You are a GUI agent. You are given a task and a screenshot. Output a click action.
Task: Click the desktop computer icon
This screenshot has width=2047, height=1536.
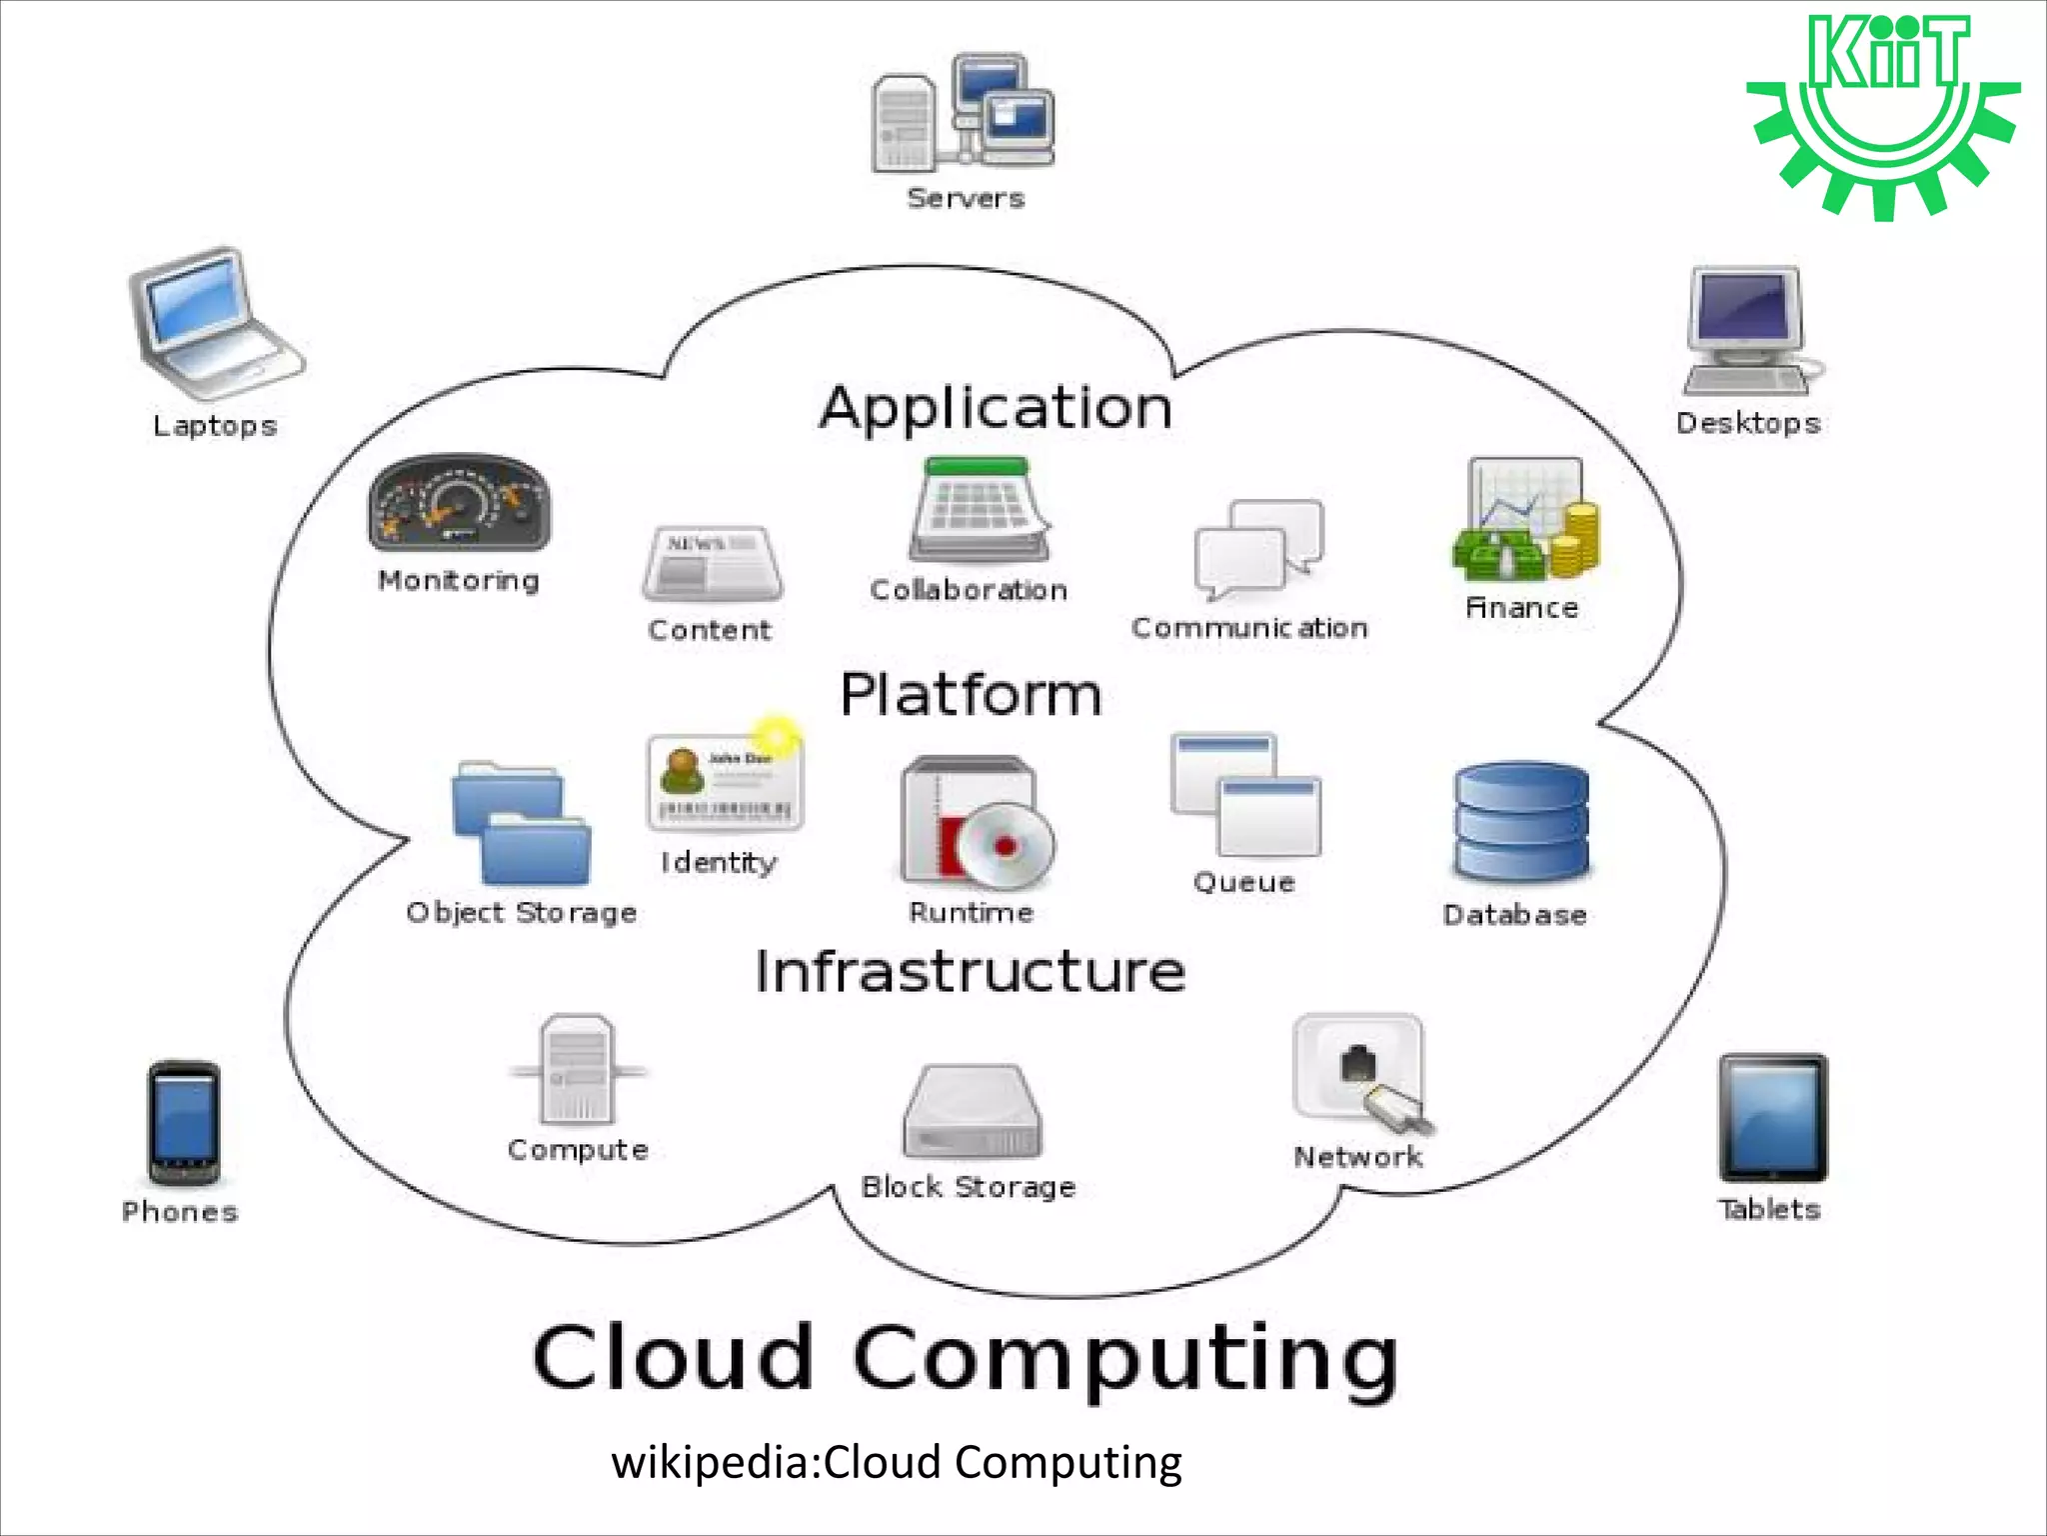pyautogui.click(x=1748, y=330)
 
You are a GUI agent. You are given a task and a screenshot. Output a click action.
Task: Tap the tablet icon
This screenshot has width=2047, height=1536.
pyautogui.click(x=1772, y=1118)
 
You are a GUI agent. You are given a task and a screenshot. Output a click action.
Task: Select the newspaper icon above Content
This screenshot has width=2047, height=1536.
pyautogui.click(x=712, y=564)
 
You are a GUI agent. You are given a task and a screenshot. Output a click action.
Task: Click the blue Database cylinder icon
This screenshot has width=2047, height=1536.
pyautogui.click(x=1520, y=822)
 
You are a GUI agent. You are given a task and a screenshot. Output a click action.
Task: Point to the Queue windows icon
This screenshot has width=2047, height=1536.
pyautogui.click(x=1245, y=795)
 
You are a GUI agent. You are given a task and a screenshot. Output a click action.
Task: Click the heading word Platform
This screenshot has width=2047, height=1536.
pyautogui.click(x=971, y=694)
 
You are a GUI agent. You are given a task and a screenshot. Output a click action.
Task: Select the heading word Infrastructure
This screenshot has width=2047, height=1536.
pyautogui.click(x=970, y=971)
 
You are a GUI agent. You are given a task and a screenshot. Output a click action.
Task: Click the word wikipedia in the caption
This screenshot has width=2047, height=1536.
pyautogui.click(x=714, y=1463)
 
